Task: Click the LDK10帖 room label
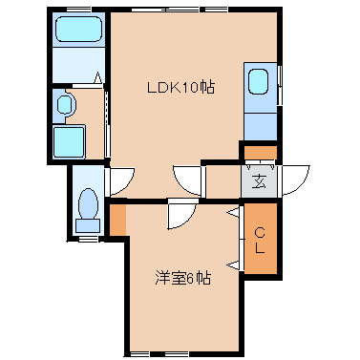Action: click(180, 87)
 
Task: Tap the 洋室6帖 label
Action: click(182, 278)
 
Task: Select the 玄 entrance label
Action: click(259, 181)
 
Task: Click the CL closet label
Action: click(260, 240)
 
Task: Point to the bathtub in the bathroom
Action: click(79, 30)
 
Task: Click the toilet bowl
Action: click(88, 203)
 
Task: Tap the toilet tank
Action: click(88, 225)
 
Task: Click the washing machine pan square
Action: click(69, 141)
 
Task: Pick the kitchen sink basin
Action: click(258, 81)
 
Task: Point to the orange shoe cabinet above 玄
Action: click(260, 153)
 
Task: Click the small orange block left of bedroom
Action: click(118, 220)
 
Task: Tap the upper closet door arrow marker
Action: click(233, 213)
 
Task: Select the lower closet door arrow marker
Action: click(233, 265)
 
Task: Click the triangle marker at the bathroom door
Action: click(98, 77)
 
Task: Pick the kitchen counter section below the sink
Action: click(261, 126)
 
